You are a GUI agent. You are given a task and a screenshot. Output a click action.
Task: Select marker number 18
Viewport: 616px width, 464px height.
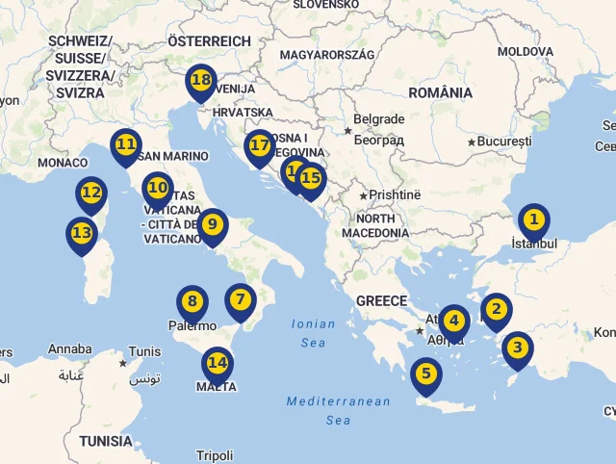coord(201,81)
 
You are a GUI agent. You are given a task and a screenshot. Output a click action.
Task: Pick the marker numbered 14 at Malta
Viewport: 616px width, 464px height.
coord(218,364)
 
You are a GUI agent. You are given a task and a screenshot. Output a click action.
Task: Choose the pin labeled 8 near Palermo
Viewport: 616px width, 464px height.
coord(192,302)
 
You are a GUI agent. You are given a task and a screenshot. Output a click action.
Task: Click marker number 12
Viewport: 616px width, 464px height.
coord(91,193)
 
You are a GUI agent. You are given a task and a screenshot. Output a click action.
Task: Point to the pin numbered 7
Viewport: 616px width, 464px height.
coord(241,300)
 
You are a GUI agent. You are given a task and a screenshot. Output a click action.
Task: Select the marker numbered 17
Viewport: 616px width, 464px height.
coord(259,146)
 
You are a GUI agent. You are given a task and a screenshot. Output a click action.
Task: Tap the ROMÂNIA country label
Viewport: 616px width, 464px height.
coord(440,92)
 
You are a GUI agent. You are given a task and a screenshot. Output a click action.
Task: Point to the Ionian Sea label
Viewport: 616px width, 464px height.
coord(314,333)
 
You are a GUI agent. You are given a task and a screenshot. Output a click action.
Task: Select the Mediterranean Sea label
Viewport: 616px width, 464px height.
coord(338,410)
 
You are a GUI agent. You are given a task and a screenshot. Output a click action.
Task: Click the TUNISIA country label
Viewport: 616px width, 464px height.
coord(106,441)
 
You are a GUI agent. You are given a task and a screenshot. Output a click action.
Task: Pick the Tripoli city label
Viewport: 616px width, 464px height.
coord(214,455)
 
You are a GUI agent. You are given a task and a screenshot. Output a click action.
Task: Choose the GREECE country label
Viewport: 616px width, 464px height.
coord(381,300)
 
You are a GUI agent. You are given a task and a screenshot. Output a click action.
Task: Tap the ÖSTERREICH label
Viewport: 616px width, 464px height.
coord(209,41)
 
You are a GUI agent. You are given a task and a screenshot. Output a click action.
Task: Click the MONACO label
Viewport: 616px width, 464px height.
coord(63,163)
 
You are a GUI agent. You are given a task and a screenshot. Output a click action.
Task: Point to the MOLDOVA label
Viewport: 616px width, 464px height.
coord(526,50)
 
